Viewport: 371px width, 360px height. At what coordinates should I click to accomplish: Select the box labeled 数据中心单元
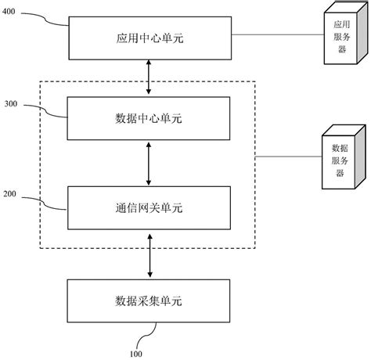(x=149, y=118)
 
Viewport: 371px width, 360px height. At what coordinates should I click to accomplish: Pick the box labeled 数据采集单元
(x=149, y=299)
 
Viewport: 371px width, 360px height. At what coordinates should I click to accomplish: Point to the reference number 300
(x=13, y=103)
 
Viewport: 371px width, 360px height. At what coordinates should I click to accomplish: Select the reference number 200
(x=13, y=192)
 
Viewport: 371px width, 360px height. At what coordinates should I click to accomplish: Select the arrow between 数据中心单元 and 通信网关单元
(x=149, y=163)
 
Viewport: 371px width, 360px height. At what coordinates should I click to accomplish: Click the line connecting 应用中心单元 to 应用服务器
(x=278, y=34)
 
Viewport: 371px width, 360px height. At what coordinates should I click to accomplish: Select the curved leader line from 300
(x=47, y=112)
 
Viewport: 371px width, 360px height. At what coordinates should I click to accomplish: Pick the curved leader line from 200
(x=47, y=203)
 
